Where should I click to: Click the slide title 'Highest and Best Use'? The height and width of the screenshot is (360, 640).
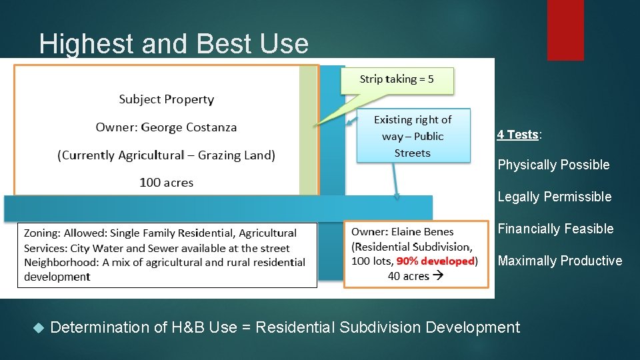173,44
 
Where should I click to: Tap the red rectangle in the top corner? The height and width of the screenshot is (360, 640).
565,29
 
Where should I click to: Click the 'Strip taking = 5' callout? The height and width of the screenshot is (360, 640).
397,79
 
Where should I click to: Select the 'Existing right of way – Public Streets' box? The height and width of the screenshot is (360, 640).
413,136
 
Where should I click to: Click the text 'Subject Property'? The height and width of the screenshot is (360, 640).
167,99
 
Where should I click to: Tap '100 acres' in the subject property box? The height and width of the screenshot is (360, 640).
167,182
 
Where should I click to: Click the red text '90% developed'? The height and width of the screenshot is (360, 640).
435,261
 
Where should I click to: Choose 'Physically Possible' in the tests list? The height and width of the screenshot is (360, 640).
553,165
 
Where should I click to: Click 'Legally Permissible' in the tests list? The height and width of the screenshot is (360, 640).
554,197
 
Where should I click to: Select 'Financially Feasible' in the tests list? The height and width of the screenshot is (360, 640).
555,229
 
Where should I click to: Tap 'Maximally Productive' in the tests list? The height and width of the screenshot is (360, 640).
559,261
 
